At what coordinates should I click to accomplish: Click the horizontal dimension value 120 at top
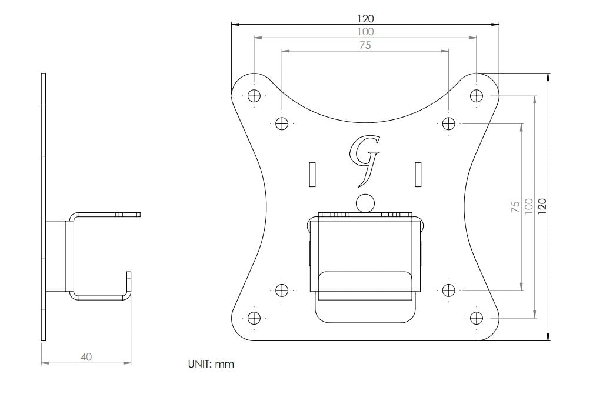click(365, 19)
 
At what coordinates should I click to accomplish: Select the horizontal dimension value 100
click(365, 32)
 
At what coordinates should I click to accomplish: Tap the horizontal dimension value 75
click(365, 45)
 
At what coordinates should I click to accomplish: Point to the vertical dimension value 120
click(542, 205)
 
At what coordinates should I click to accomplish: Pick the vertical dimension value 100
click(528, 205)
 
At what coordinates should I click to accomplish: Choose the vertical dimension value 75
click(515, 206)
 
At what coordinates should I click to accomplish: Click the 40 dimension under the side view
click(86, 357)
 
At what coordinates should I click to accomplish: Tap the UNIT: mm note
click(210, 365)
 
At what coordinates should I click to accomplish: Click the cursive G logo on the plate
click(365, 156)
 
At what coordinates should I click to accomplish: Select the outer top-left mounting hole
click(254, 96)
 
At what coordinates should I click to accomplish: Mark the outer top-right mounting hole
click(477, 96)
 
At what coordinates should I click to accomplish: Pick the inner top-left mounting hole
click(282, 123)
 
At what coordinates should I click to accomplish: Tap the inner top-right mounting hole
click(449, 123)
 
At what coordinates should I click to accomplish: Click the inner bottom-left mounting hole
click(282, 290)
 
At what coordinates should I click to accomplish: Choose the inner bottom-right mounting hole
click(449, 290)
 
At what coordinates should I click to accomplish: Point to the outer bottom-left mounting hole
click(254, 318)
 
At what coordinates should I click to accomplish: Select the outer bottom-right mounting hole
click(477, 318)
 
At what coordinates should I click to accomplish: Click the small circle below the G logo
click(365, 203)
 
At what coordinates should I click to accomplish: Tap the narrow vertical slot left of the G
click(312, 175)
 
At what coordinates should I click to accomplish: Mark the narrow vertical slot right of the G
click(418, 175)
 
